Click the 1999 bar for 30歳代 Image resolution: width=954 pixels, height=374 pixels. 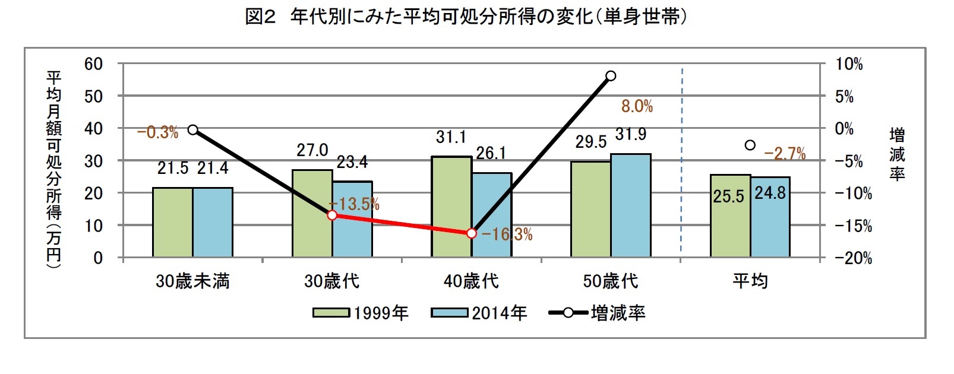click(x=312, y=214)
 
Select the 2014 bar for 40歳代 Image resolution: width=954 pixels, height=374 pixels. click(x=492, y=215)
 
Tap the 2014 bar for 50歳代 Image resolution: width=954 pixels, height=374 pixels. click(x=631, y=205)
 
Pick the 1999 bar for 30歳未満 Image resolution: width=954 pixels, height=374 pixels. click(x=172, y=223)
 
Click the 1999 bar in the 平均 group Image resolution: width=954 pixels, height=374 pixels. click(x=730, y=216)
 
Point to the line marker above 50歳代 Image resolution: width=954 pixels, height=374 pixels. click(x=611, y=76)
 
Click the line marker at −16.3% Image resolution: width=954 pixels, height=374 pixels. click(x=472, y=233)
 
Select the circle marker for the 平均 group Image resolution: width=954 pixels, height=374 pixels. click(x=750, y=145)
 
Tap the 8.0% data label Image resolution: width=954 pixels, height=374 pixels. click(x=637, y=106)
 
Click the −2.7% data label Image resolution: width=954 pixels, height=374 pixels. click(x=785, y=154)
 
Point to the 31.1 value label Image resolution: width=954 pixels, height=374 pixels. click(x=451, y=137)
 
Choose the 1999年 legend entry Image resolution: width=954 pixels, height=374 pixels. click(x=361, y=313)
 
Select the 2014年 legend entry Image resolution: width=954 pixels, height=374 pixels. click(x=479, y=313)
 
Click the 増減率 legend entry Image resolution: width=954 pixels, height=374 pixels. click(x=597, y=313)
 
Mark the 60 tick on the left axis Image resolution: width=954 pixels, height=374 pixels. click(x=93, y=64)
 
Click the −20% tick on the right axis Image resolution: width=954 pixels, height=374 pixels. click(x=853, y=258)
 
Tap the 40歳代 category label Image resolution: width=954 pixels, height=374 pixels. click(x=471, y=281)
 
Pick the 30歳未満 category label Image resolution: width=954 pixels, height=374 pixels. click(x=192, y=281)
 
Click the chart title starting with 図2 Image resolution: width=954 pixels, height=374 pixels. click(x=466, y=17)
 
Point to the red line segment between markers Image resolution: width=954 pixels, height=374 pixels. click(x=402, y=224)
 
